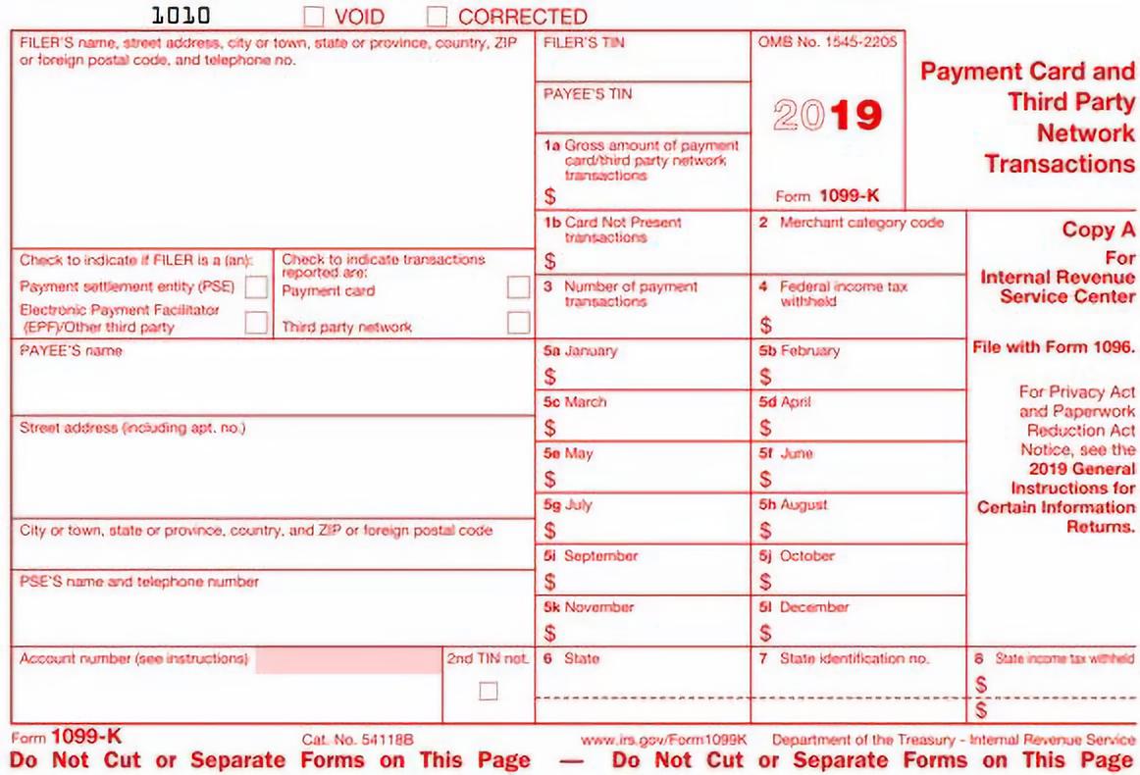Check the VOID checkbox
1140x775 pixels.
(x=314, y=17)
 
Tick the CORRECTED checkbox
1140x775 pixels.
(x=438, y=17)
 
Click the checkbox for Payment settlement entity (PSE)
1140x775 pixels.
(x=256, y=287)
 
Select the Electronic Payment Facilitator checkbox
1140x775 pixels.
(x=256, y=323)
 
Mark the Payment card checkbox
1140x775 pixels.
(x=518, y=287)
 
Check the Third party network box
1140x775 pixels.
(x=518, y=323)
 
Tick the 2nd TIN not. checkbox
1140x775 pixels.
(x=488, y=691)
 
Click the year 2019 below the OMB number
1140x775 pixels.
(x=827, y=116)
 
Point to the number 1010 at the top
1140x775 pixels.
(x=181, y=16)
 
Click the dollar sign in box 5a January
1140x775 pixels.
(x=550, y=377)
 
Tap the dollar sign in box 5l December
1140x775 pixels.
(x=765, y=633)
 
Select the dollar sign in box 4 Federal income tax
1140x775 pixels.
(x=765, y=325)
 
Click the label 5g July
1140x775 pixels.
(x=568, y=505)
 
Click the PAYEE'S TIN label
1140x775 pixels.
(x=588, y=94)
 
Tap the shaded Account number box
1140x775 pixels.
(x=347, y=660)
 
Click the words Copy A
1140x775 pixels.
(x=1098, y=230)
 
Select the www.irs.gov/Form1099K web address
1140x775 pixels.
(x=664, y=739)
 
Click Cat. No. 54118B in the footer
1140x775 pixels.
(x=358, y=739)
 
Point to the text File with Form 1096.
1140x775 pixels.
(x=1054, y=346)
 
